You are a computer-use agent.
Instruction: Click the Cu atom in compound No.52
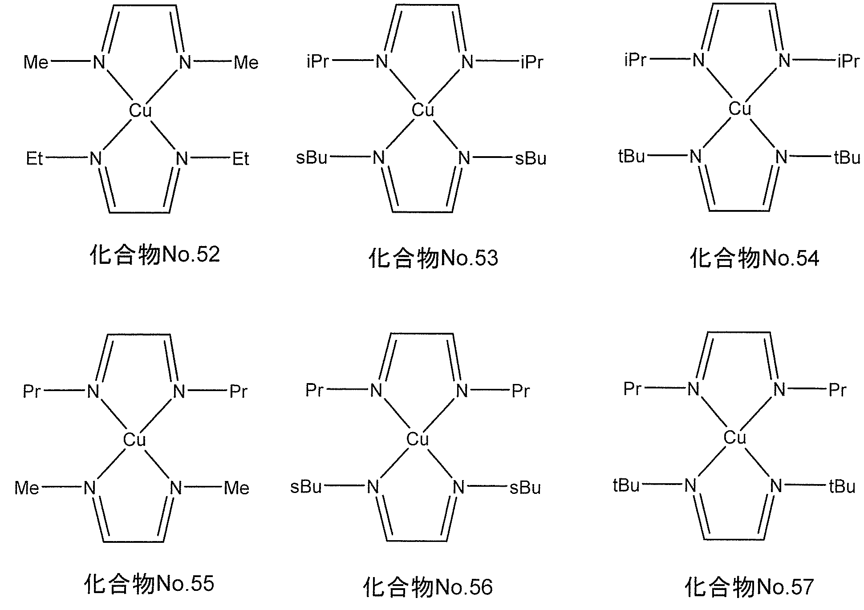click(x=141, y=110)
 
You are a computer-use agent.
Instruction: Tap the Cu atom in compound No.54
click(x=740, y=109)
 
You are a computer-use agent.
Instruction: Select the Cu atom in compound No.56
click(x=418, y=440)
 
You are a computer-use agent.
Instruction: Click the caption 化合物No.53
click(x=433, y=259)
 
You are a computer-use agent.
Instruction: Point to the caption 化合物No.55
click(x=149, y=584)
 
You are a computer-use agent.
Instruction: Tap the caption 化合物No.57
click(x=749, y=587)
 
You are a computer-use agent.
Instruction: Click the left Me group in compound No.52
click(x=36, y=62)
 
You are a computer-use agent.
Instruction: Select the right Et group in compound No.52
click(x=241, y=159)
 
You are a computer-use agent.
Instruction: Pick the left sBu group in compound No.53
click(x=312, y=158)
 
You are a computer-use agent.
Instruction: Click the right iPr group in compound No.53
click(x=532, y=62)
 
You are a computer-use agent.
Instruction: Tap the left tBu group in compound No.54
click(x=632, y=157)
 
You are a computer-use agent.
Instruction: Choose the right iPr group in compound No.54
click(x=848, y=61)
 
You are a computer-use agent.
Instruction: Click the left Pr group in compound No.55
click(x=32, y=392)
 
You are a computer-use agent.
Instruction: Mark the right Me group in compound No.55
click(x=236, y=488)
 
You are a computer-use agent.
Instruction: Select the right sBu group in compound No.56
click(x=525, y=488)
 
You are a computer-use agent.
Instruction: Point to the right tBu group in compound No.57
click(x=842, y=486)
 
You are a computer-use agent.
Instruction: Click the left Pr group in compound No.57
click(x=633, y=389)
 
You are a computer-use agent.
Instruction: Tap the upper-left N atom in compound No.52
click(x=99, y=62)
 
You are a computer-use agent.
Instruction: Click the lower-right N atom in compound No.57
click(x=776, y=486)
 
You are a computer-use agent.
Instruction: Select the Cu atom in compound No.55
click(x=134, y=440)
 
